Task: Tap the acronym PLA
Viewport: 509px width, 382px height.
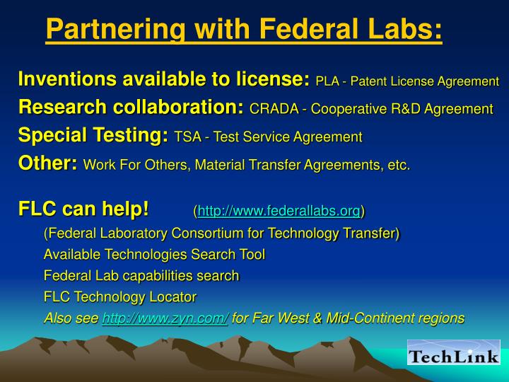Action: coord(327,82)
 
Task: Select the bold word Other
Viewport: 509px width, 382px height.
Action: coord(46,163)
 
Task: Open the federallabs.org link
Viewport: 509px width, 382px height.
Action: coord(279,211)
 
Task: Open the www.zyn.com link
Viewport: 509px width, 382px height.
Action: coord(165,319)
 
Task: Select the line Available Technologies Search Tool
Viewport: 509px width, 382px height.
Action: coord(154,254)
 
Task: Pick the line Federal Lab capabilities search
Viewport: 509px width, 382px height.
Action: coord(141,275)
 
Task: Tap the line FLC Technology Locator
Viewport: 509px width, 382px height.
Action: coord(119,297)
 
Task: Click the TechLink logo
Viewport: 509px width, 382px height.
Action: coord(453,352)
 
